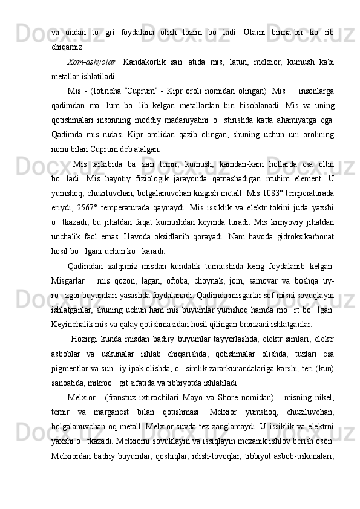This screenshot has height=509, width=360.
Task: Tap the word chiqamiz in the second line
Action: click(x=68, y=45)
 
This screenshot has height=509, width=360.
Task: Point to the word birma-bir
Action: click(x=284, y=30)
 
